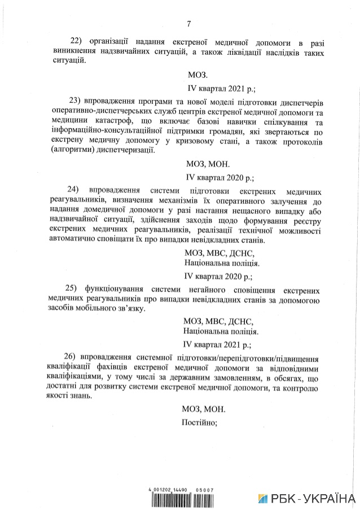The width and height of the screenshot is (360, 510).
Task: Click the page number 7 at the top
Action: click(188, 24)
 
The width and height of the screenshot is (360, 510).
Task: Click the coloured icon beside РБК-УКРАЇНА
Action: click(264, 498)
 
